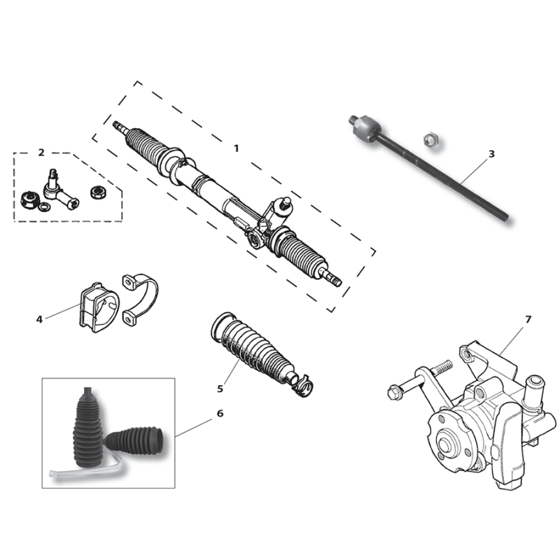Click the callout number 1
pyautogui.click(x=236, y=148)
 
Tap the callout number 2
pyautogui.click(x=41, y=153)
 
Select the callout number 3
pyautogui.click(x=491, y=154)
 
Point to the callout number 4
pyautogui.click(x=39, y=319)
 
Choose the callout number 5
pyautogui.click(x=220, y=388)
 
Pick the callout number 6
pyautogui.click(x=220, y=414)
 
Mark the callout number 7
pyautogui.click(x=528, y=319)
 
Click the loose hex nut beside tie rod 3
pyautogui.click(x=430, y=139)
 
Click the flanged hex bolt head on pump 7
pyautogui.click(x=393, y=393)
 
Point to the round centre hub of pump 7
pyautogui.click(x=445, y=444)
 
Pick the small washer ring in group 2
pyautogui.click(x=44, y=206)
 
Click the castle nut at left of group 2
pyautogui.click(x=29, y=200)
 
